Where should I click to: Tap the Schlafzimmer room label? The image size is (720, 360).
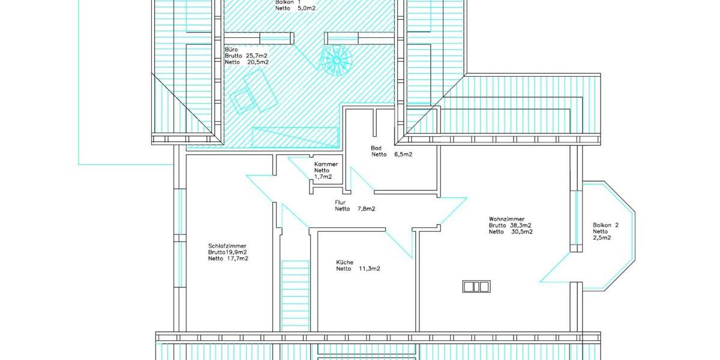[227, 245]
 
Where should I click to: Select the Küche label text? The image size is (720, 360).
[344, 262]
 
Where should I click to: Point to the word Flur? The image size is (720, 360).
[340, 202]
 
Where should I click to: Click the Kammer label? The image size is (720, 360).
[326, 164]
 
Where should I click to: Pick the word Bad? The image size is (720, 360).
[377, 147]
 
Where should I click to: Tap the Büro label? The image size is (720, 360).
[231, 49]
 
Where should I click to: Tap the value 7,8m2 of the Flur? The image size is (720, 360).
[366, 209]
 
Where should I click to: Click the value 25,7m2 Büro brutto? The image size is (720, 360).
[257, 55]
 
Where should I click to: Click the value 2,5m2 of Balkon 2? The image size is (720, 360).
[602, 238]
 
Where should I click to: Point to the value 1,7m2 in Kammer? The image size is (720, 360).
[323, 177]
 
